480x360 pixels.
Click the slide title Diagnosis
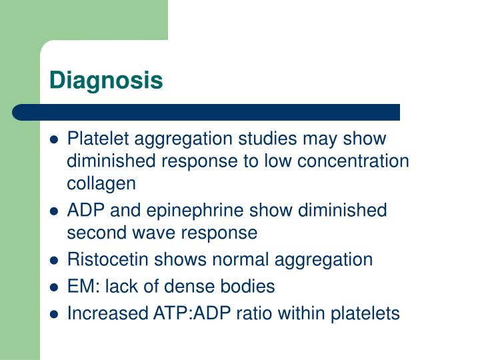[106, 81]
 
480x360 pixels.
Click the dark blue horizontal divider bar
[207, 111]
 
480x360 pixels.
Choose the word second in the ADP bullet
[94, 233]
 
